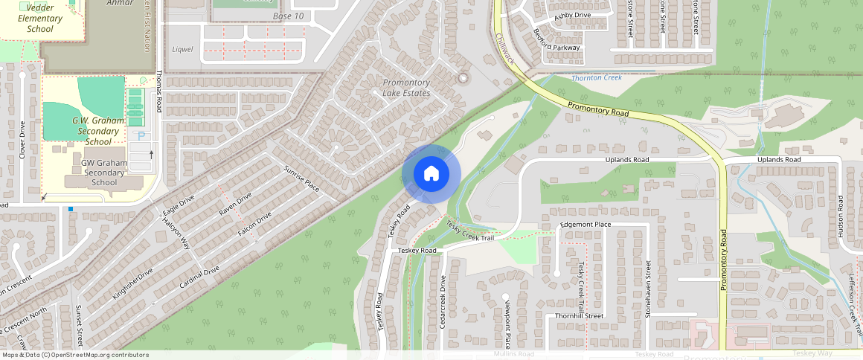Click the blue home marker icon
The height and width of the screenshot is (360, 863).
[x=431, y=174]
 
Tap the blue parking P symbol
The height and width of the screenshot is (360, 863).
[x=141, y=136]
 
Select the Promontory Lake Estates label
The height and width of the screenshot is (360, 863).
[x=406, y=88]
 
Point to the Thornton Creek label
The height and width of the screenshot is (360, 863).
[x=596, y=77]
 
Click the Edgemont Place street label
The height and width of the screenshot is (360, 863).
[x=586, y=224]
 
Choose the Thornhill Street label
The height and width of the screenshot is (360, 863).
[x=579, y=315]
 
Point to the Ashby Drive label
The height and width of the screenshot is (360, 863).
[x=572, y=15]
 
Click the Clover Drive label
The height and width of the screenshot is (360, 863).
[x=22, y=138]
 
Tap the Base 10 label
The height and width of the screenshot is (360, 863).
[x=288, y=16]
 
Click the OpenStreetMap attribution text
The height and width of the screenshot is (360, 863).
[x=74, y=355]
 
